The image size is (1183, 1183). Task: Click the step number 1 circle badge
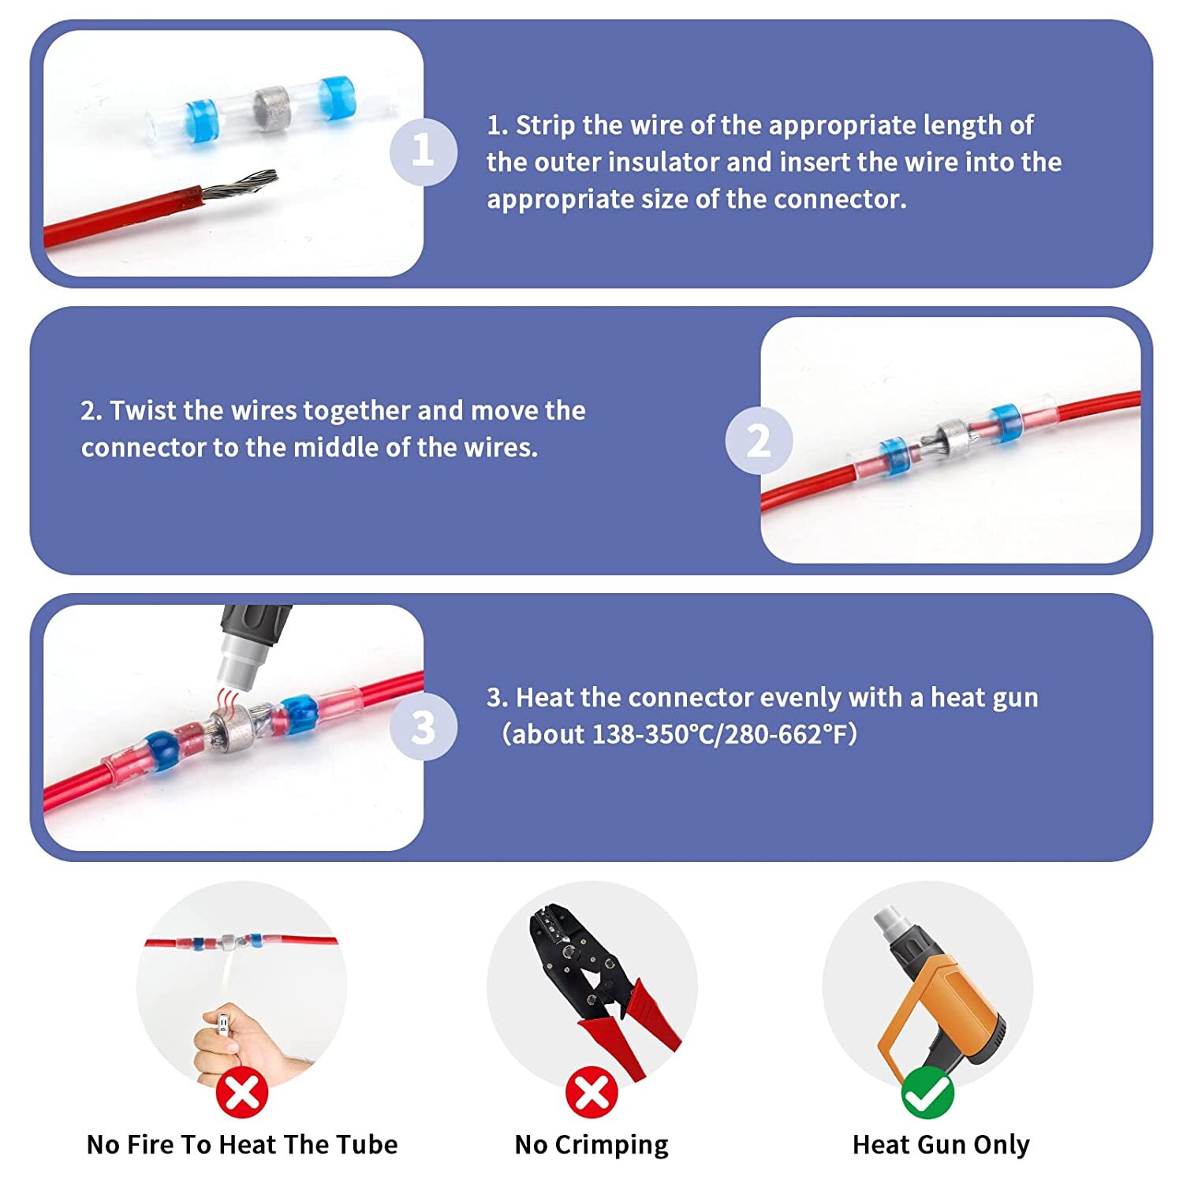point(423,151)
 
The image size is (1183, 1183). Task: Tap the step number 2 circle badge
point(758,440)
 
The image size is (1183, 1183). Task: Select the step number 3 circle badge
point(423,727)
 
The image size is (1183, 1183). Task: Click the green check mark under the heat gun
point(927,1092)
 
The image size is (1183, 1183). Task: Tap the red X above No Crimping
point(591,1092)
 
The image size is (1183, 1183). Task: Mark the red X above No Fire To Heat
point(242,1092)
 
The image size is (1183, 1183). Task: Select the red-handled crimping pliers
point(599,986)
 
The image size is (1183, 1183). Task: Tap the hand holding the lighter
point(229,1041)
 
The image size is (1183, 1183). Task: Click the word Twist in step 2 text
point(141,411)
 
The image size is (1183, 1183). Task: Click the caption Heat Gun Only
point(941,1144)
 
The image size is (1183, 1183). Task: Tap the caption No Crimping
point(591,1144)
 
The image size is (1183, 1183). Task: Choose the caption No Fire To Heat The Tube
point(242,1144)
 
